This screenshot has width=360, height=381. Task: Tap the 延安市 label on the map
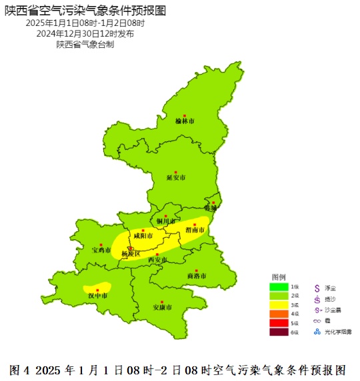pos(176,178)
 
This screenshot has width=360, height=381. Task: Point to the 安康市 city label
pos(163,307)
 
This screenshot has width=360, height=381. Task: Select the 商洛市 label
pos(197,276)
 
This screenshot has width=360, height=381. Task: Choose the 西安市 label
pos(157,259)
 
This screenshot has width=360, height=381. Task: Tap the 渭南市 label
pos(195,230)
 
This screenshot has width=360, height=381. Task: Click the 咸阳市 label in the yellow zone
pos(143,236)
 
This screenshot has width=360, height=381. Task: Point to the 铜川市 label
pos(166,221)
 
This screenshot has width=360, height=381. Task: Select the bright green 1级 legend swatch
pos(279,287)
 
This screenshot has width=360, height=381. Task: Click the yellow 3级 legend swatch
pos(279,305)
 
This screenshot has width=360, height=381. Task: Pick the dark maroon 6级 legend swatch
pos(279,332)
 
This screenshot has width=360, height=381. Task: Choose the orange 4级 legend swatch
pos(279,314)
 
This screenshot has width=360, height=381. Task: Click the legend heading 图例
pos(279,276)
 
